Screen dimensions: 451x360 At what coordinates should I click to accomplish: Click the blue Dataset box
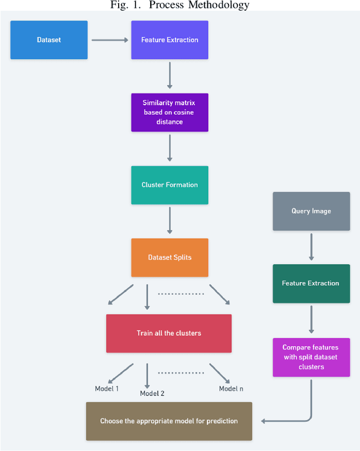(49, 40)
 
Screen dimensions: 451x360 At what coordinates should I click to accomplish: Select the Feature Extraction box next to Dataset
(169, 40)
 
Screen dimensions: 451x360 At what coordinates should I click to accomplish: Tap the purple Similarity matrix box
(169, 113)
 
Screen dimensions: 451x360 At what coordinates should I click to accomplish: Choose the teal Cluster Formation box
(169, 185)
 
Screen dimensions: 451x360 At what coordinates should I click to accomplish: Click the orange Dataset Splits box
(169, 257)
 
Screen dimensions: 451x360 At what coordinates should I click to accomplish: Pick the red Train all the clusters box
(169, 333)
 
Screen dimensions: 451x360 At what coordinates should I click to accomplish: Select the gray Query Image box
(311, 211)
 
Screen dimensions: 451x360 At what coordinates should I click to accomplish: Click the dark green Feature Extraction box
(311, 283)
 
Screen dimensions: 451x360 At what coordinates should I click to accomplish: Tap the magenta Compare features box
(311, 358)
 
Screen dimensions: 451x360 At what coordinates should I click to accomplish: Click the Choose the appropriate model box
(169, 421)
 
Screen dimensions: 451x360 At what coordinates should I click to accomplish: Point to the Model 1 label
(106, 389)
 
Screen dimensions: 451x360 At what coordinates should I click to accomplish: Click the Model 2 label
(152, 393)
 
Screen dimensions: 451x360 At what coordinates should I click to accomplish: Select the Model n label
(231, 389)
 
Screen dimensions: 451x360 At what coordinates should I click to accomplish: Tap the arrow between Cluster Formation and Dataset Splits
(169, 221)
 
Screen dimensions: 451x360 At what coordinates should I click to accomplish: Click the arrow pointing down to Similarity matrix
(169, 75)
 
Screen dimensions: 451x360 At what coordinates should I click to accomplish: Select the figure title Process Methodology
(180, 6)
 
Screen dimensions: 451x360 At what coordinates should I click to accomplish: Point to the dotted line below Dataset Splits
(179, 293)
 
